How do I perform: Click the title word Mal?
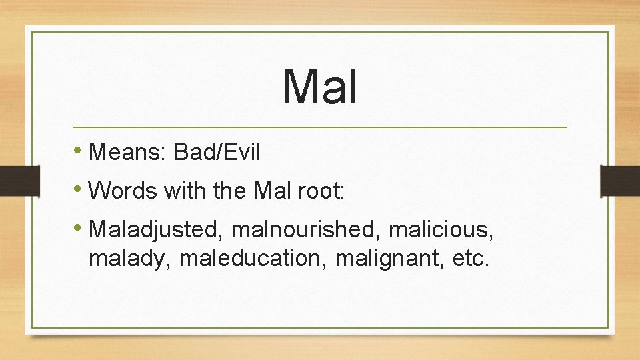320,87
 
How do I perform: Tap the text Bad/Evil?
217,153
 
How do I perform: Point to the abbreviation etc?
470,257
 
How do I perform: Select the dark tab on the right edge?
620,181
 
